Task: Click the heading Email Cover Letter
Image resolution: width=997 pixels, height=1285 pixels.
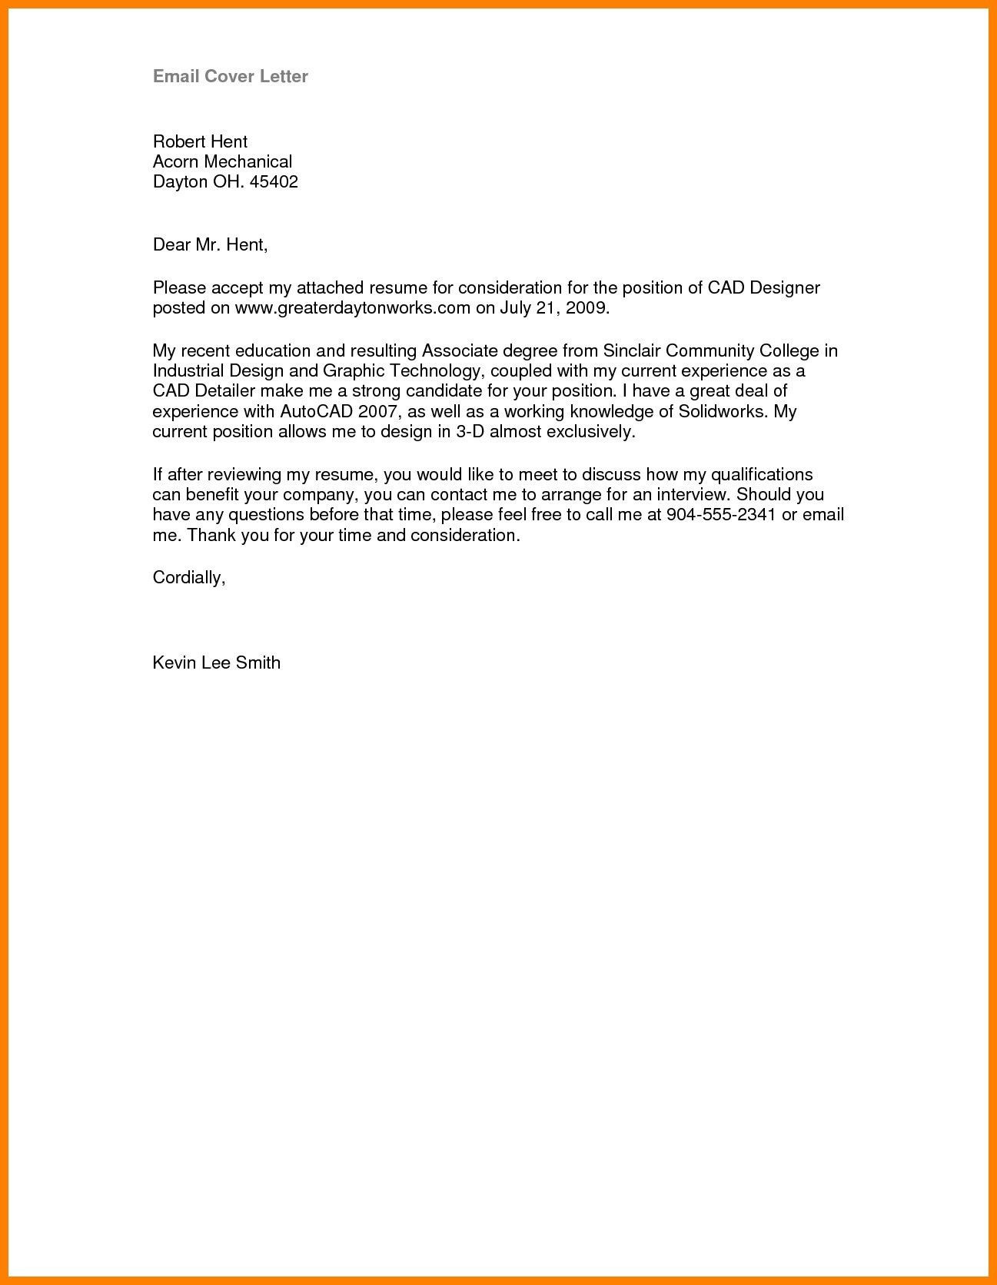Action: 231,76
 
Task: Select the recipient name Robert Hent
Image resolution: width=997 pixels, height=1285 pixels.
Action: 200,141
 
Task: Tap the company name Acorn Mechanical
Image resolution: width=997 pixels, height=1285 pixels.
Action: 222,161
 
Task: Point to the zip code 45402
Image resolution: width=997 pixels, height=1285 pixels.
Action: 274,182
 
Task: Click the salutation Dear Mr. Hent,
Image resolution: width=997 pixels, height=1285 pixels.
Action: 210,245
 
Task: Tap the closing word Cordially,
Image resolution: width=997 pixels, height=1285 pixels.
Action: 189,578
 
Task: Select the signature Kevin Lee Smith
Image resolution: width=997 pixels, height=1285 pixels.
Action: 217,662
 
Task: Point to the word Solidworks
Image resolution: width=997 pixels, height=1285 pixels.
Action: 723,411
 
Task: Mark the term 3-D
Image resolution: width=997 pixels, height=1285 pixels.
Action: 470,431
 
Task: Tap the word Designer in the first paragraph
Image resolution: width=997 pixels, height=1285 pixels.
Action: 785,288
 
